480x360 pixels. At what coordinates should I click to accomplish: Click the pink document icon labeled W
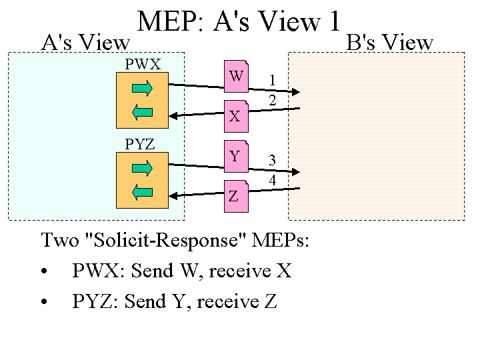(x=236, y=76)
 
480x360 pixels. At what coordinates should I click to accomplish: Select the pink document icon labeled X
(x=235, y=115)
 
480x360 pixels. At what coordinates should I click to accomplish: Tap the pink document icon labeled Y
(x=235, y=156)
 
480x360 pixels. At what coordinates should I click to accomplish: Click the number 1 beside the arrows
(x=273, y=81)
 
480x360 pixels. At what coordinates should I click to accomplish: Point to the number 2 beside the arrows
(x=273, y=101)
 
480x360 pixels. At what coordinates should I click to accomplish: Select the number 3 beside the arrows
(x=273, y=160)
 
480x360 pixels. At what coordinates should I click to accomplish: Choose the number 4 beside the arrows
(x=273, y=180)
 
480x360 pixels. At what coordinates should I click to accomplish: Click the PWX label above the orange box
(x=143, y=64)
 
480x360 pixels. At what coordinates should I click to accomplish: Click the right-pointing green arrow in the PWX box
(x=143, y=87)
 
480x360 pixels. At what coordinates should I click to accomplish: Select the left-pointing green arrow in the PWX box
(x=143, y=112)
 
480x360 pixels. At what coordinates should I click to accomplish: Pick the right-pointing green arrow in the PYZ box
(x=143, y=167)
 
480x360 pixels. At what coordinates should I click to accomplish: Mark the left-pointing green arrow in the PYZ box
(x=143, y=193)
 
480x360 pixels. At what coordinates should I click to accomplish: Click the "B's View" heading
(x=390, y=43)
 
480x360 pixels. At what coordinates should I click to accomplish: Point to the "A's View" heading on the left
(x=85, y=43)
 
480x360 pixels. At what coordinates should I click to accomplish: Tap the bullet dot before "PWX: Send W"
(x=45, y=272)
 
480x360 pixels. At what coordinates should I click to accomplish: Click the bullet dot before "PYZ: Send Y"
(x=45, y=302)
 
